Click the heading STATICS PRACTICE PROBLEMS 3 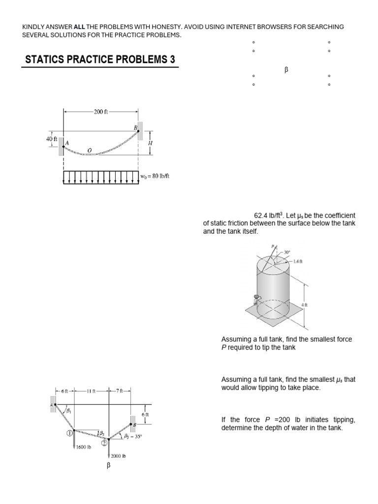[100, 61]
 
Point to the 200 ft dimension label [101, 112]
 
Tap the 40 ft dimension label [52, 139]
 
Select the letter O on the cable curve [89, 150]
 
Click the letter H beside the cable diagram [150, 143]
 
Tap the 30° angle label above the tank [287, 252]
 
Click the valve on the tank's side [256, 298]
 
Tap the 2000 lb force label [118, 456]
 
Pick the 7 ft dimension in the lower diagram [120, 391]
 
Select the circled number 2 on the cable [104, 443]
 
